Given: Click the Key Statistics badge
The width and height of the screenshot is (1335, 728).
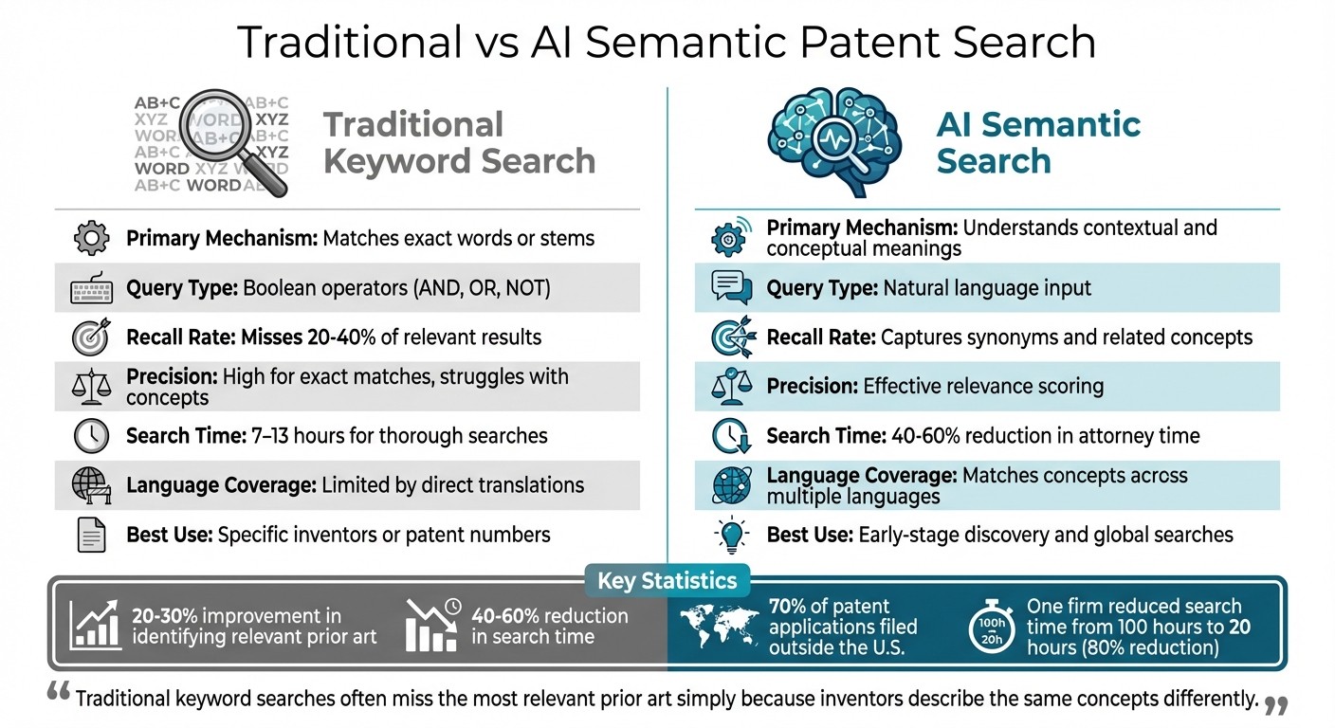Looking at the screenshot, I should pyautogui.click(x=667, y=580).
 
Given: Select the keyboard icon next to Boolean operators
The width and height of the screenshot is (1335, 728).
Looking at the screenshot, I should pyautogui.click(x=92, y=288).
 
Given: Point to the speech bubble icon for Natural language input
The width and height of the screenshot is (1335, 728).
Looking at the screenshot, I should pyautogui.click(x=731, y=287).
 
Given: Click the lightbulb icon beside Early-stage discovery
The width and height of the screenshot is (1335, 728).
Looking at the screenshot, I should pyautogui.click(x=731, y=535).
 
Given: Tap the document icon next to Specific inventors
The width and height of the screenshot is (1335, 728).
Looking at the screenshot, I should pyautogui.click(x=92, y=535).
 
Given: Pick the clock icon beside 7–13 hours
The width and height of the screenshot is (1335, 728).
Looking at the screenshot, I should pyautogui.click(x=92, y=436).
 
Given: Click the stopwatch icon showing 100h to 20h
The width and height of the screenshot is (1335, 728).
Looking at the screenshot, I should pyautogui.click(x=991, y=627).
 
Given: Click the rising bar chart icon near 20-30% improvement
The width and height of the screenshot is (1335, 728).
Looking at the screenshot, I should pyautogui.click(x=95, y=626).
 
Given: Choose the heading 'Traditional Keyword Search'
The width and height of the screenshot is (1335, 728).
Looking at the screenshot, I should pyautogui.click(x=459, y=142).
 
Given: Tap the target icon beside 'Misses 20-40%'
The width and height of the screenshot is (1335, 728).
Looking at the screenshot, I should pyautogui.click(x=92, y=337).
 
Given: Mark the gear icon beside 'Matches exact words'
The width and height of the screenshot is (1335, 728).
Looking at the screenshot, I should pyautogui.click(x=92, y=238).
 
